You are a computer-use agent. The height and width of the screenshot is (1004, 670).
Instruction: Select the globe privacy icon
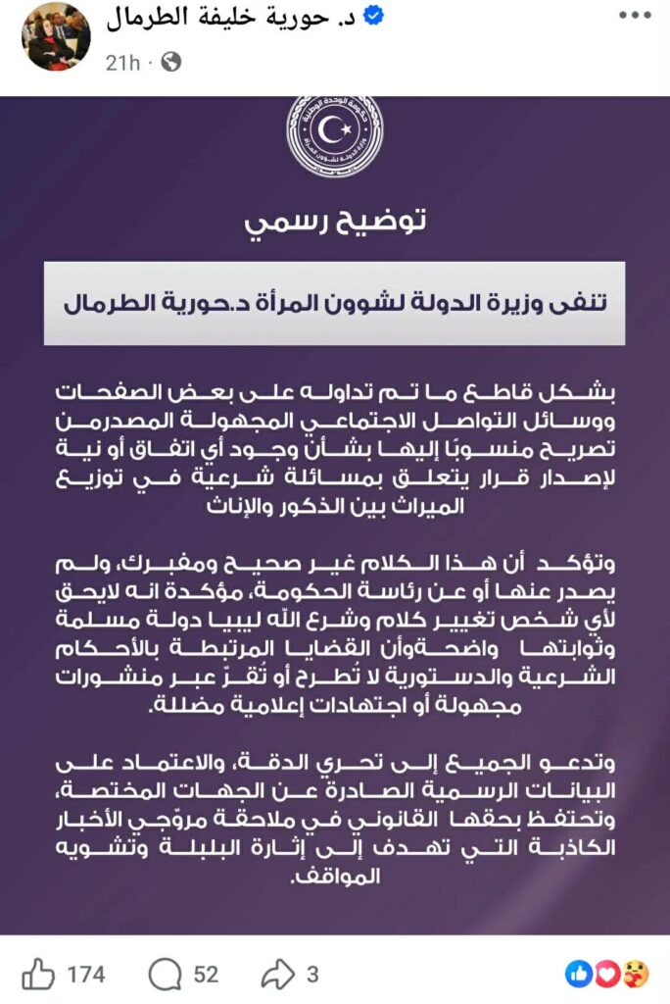coord(170,62)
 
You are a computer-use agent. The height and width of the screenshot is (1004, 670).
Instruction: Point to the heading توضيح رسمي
coord(335,222)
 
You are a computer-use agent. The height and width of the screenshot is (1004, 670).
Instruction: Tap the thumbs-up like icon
coord(38,974)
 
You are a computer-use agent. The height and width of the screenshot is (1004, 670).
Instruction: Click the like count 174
coord(86,975)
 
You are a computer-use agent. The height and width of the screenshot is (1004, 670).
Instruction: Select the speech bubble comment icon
coord(165,974)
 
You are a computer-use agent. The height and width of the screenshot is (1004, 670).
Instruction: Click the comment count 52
coord(206,975)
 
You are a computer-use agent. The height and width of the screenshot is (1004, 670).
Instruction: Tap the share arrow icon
coord(276,974)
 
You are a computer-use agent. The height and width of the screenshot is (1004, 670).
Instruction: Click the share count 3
coord(312,975)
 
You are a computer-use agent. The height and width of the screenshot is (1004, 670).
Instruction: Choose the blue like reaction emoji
coord(580,974)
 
